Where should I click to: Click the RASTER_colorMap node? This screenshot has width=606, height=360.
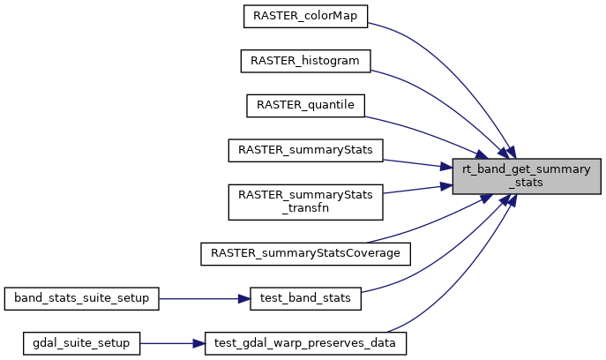tap(305, 15)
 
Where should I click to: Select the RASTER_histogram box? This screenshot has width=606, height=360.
tap(305, 60)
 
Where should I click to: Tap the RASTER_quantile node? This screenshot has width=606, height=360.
tap(305, 105)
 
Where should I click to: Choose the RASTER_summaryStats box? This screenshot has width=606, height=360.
tap(305, 150)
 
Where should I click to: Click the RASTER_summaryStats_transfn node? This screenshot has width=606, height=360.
tap(305, 201)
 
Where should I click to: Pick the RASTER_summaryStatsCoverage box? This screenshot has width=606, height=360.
tap(305, 253)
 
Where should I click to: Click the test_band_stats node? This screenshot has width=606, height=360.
tap(305, 298)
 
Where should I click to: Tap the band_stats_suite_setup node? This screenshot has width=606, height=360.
tap(82, 298)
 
